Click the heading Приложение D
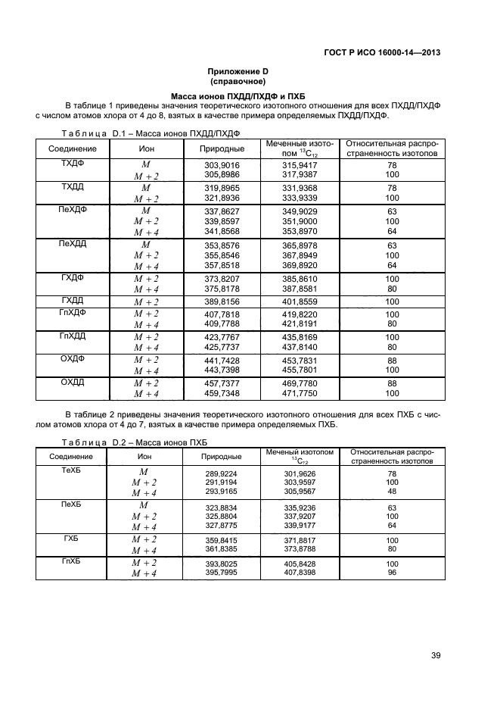238,72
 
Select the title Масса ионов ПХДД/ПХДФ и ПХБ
238,95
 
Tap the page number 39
435,656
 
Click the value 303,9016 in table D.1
222,164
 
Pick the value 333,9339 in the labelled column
300,198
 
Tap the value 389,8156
222,301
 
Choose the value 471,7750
300,394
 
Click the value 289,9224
222,473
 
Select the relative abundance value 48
392,492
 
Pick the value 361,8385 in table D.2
222,549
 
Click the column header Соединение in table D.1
72,149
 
